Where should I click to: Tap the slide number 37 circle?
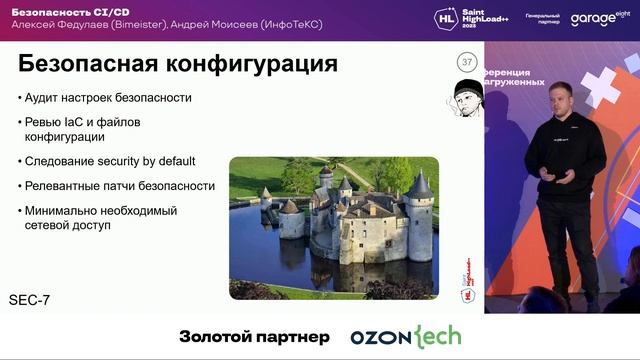pos(466,63)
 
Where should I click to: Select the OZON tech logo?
pos(405,337)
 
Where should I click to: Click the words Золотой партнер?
pos(253,337)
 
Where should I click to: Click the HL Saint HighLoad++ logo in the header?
pos(470,18)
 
